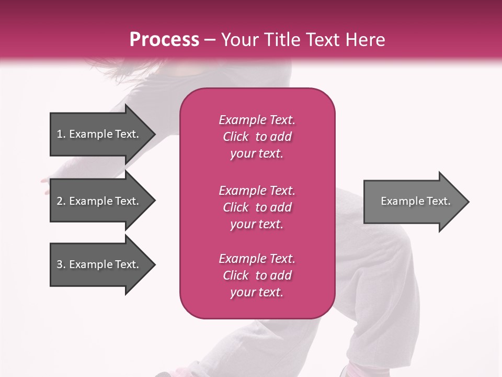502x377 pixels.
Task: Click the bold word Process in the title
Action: tap(164, 40)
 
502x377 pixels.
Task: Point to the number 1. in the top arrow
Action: tap(61, 134)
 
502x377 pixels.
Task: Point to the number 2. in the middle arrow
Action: tap(61, 201)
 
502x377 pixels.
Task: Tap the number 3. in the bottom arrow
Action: tap(61, 264)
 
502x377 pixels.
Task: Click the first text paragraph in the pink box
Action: tap(257, 137)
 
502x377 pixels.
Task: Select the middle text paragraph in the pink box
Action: tap(257, 207)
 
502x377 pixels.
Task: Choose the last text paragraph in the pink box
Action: tap(257, 275)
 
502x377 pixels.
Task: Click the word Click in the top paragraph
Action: tap(236, 137)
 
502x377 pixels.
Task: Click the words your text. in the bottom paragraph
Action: tap(257, 292)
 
